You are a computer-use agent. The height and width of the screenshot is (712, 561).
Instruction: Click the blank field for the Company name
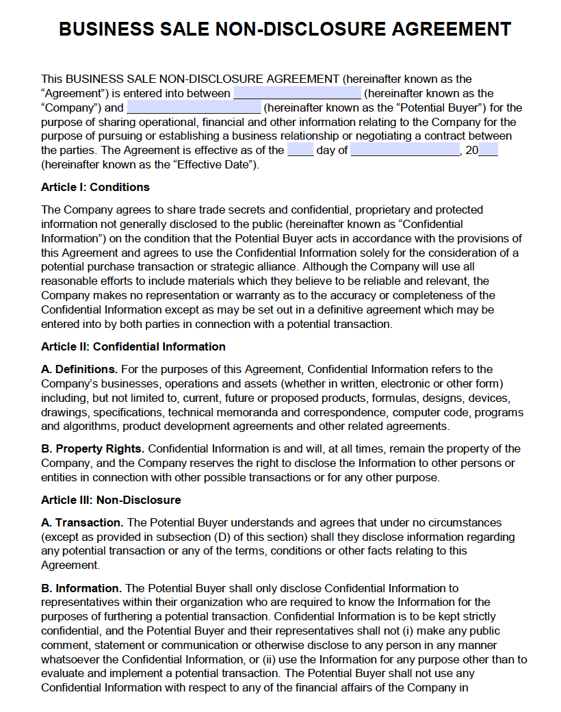tap(297, 94)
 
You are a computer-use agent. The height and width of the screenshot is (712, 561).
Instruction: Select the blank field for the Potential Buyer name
tap(194, 107)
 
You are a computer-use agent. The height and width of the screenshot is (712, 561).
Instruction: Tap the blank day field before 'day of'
tap(300, 151)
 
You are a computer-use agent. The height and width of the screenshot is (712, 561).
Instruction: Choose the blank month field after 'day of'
tap(405, 151)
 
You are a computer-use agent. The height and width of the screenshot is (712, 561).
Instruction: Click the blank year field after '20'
tap(488, 151)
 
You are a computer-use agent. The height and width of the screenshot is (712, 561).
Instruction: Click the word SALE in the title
tap(184, 29)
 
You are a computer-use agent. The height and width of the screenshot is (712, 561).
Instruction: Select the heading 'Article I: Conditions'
tap(95, 187)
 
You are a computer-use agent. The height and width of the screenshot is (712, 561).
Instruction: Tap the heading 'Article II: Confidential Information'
tap(133, 346)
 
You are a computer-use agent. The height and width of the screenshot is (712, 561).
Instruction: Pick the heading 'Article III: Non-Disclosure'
tap(111, 500)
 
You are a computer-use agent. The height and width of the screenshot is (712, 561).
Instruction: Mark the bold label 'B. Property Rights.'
tap(93, 448)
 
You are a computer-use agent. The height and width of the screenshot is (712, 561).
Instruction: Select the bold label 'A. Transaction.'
tap(83, 522)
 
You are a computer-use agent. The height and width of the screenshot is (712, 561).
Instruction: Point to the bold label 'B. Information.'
tap(81, 588)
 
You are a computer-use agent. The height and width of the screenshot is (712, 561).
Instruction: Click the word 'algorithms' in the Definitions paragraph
tap(87, 427)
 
